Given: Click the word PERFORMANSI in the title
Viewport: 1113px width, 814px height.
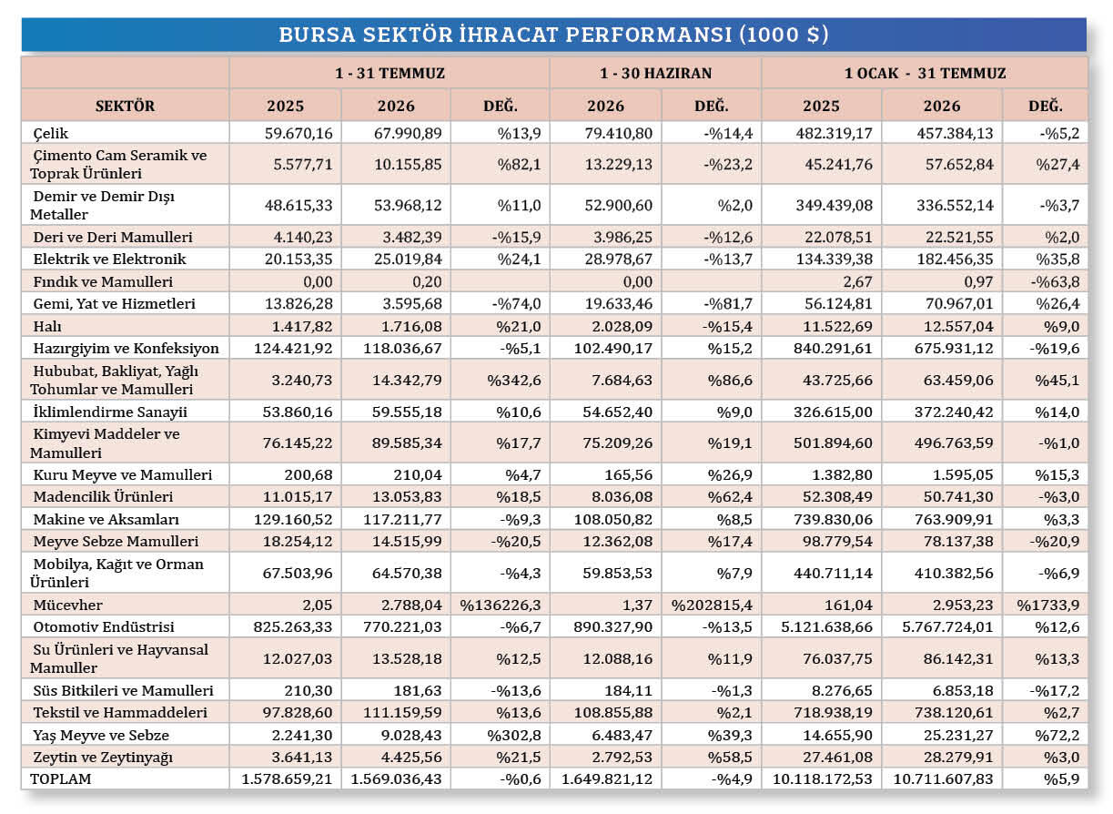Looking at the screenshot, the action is pos(649,35).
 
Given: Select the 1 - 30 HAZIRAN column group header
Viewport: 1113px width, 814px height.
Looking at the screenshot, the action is pos(655,73).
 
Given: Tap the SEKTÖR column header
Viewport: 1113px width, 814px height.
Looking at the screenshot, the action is pos(125,106).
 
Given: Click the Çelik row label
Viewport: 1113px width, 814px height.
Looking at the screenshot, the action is pos(51,133).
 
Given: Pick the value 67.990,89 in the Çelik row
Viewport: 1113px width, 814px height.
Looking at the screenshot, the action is pos(408,133).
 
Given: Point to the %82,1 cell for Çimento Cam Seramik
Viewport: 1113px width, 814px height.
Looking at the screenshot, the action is pos(519,164).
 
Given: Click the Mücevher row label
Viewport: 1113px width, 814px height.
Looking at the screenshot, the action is pos(67,605).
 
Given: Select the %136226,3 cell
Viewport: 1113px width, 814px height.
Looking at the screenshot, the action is pos(501,605).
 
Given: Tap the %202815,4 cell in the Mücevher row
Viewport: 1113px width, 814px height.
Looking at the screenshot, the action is pos(712,605).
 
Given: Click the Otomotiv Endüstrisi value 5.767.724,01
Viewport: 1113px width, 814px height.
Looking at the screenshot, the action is pos(947,627).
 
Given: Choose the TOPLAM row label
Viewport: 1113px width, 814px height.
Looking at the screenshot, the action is pos(61,778).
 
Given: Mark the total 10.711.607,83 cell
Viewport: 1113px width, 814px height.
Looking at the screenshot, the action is pos(943,778).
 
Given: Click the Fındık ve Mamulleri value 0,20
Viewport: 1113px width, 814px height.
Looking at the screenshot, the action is pos(427,281).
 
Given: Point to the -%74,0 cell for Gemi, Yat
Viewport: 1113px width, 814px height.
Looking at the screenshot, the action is pos(516,303).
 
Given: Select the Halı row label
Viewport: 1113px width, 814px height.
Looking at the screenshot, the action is pos(47,326).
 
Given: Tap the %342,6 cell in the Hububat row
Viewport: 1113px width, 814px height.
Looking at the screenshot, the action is pos(514,380).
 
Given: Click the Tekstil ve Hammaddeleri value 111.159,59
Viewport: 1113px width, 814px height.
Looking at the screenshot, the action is pos(402,712).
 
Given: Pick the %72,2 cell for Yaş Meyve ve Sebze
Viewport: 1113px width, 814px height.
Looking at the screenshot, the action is pos(1057,735).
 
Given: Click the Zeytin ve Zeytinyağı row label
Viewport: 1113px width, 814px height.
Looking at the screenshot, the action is pos(103,757).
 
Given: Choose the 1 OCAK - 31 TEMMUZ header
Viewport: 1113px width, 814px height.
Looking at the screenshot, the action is pos(926,73).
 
